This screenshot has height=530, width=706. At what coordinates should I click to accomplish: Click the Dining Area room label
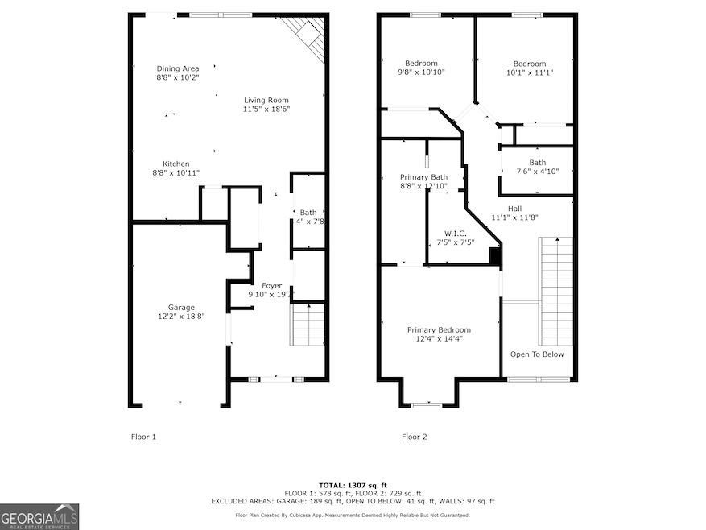[x=177, y=68]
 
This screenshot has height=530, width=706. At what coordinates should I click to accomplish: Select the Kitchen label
[x=175, y=164]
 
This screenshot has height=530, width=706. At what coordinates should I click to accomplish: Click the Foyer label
[x=271, y=285]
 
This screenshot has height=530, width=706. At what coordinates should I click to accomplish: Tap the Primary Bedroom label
[x=439, y=330]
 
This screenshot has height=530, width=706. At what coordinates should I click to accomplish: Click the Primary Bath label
[x=423, y=176]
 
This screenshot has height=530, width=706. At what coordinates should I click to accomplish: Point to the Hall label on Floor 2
[x=514, y=208]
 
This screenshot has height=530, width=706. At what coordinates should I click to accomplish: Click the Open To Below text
[x=537, y=354]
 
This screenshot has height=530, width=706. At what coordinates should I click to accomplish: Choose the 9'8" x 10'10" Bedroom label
[x=421, y=64]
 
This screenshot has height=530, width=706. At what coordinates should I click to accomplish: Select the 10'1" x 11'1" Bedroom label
[x=529, y=64]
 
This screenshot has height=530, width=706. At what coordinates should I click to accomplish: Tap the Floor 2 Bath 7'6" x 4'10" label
[x=537, y=163]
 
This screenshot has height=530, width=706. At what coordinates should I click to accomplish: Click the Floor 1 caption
[x=143, y=437]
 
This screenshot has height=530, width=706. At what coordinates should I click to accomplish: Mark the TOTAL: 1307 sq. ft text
[x=353, y=484]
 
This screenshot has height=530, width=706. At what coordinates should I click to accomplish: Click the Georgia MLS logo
[x=39, y=516]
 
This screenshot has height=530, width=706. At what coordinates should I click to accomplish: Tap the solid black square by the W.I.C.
[x=495, y=257]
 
